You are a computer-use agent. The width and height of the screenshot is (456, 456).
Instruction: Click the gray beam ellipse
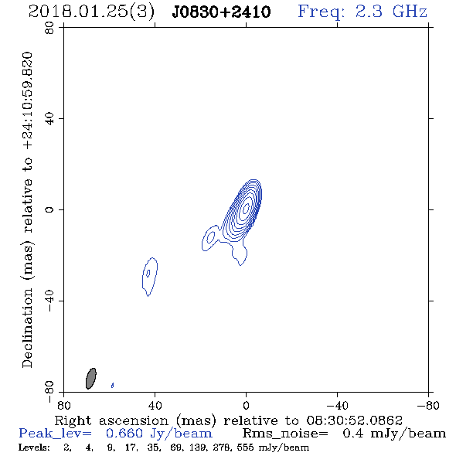coord(91,379)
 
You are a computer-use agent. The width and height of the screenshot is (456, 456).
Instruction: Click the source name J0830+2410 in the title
coord(221,12)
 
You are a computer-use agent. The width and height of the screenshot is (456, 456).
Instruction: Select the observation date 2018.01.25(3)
coord(91,12)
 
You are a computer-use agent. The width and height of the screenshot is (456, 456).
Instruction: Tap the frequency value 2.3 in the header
coord(369,12)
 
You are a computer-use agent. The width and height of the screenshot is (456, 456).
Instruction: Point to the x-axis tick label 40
coord(155,406)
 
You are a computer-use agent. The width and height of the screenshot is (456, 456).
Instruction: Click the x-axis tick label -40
coord(337,406)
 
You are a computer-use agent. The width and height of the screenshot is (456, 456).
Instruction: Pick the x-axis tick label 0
coord(246,406)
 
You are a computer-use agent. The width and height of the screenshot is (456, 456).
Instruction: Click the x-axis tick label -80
coord(428,406)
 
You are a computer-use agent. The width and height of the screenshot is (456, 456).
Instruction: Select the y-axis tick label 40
coord(49,119)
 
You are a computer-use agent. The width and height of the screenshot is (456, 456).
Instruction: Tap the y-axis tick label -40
coord(49,301)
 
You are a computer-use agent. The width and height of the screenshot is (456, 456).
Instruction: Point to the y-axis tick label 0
coord(49,209)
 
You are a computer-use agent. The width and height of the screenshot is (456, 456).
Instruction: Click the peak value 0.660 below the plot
coord(124,434)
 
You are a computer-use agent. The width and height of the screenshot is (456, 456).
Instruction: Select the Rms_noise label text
coord(285,434)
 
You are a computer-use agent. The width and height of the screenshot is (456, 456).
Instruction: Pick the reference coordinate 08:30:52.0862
coord(354,420)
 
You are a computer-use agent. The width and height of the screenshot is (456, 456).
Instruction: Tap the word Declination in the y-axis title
coord(27,328)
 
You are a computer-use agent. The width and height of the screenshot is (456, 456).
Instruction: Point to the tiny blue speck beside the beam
coord(113,386)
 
